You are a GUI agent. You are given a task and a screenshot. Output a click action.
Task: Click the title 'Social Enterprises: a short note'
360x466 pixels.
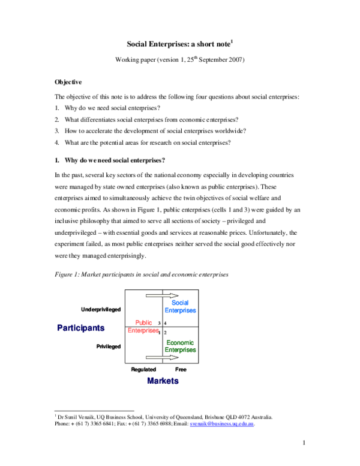click(179, 44)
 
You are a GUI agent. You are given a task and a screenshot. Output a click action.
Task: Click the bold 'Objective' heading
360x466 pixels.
click(68, 82)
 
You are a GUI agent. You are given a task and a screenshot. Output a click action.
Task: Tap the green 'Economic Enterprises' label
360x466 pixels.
click(180, 346)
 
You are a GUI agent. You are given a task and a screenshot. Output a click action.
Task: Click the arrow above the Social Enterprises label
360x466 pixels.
click(161, 295)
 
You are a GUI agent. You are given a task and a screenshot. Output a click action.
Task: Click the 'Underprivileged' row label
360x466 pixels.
click(101, 310)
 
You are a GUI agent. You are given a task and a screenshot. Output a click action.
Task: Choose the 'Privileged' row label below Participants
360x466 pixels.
click(108, 346)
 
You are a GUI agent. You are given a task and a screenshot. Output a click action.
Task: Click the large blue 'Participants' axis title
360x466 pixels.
click(81, 328)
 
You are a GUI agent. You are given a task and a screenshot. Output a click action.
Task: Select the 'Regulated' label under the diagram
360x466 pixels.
click(143, 369)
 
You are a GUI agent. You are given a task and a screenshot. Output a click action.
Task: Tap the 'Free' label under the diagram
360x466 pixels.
click(181, 369)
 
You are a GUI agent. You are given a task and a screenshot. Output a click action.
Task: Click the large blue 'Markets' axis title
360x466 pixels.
click(162, 381)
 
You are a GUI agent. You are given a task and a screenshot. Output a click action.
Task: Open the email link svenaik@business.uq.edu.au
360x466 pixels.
click(222, 424)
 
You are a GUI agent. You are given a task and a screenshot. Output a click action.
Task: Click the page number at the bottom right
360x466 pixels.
click(304, 444)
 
